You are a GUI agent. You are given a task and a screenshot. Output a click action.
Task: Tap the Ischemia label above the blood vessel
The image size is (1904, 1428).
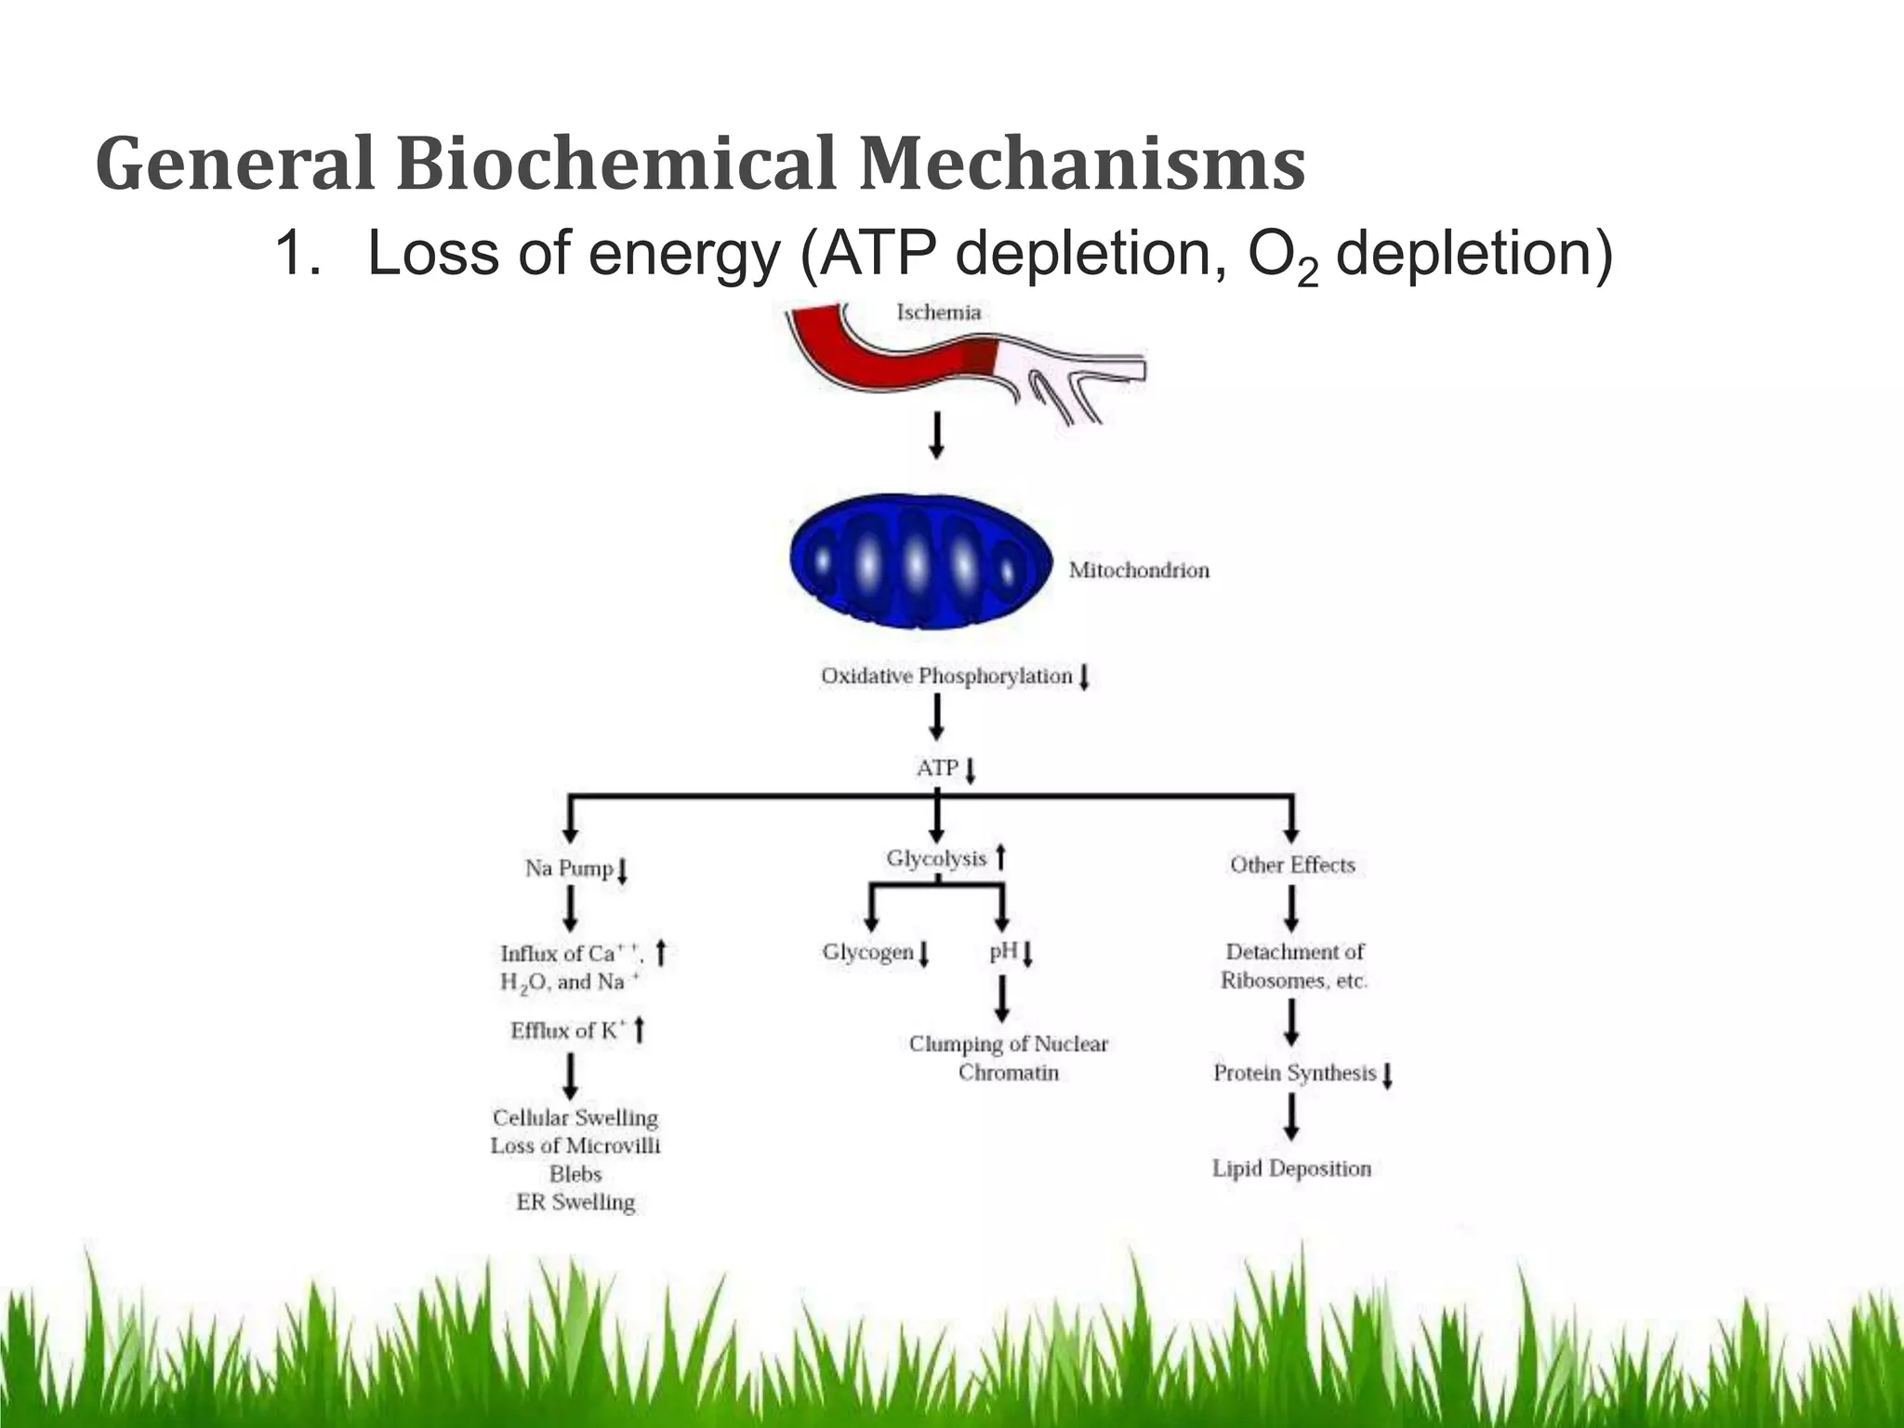(x=938, y=312)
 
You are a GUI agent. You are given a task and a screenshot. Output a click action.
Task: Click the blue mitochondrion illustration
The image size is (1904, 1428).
(x=920, y=562)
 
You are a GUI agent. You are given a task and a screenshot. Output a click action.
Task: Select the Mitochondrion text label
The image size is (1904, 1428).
(x=1139, y=570)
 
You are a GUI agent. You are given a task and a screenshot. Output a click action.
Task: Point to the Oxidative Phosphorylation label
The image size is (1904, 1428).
(x=946, y=676)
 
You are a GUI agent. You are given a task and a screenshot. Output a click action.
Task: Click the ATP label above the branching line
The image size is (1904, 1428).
(x=937, y=768)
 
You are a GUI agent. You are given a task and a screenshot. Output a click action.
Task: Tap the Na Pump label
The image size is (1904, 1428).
(x=569, y=868)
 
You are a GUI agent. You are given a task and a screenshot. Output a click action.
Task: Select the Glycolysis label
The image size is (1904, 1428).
(x=936, y=858)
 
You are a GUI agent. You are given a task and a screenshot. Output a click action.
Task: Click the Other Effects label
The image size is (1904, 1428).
(x=1292, y=865)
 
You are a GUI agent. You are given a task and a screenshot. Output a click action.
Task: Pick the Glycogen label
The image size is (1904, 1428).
(x=867, y=952)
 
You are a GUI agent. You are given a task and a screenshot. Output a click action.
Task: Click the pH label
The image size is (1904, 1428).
(x=1002, y=951)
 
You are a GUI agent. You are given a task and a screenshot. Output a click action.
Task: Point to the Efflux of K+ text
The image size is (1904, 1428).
(x=568, y=1030)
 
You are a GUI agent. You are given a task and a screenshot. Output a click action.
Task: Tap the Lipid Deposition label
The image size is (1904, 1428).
(x=1291, y=1169)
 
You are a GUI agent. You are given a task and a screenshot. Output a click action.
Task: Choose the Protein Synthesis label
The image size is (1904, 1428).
(x=1294, y=1073)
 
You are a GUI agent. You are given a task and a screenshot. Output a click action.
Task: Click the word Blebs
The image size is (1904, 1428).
(x=575, y=1174)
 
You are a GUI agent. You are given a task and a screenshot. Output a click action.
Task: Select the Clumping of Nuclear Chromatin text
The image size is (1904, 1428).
(x=1009, y=1058)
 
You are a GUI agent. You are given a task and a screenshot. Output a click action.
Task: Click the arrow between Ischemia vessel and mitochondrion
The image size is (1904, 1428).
(x=937, y=436)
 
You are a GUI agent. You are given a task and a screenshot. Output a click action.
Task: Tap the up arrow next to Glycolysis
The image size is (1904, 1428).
(x=1001, y=856)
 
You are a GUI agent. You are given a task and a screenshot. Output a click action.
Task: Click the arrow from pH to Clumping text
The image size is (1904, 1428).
(x=1002, y=1000)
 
